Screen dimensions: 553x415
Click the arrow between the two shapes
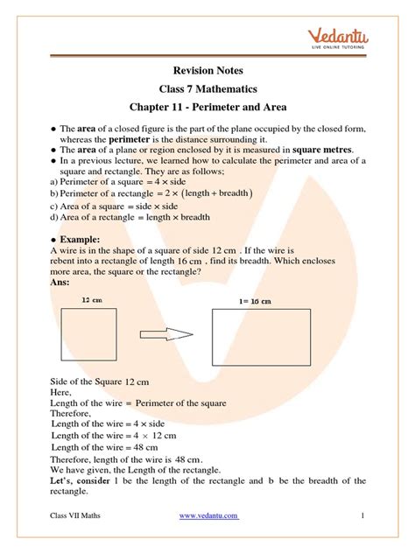[167, 333]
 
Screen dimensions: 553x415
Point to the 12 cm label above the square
[92, 300]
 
